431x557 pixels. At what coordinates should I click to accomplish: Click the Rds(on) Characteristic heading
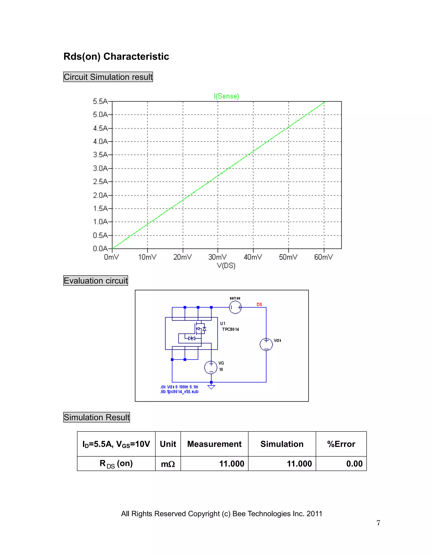pos(116,56)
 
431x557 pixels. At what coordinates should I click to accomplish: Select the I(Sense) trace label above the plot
pos(226,96)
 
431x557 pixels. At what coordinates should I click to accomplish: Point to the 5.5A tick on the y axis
pos(100,102)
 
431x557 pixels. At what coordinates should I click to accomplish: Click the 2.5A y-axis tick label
pos(100,182)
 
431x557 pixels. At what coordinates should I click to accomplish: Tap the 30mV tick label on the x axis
pos(217,257)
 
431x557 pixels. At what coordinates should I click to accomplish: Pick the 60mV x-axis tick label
pos(323,257)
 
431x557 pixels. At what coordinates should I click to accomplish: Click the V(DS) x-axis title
pos(226,266)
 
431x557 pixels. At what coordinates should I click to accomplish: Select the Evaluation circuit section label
pos(96,281)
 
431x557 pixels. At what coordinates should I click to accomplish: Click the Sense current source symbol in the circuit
pos(235,307)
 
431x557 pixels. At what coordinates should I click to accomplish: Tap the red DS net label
pos(259,304)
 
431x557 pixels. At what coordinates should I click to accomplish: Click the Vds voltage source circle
pos(266,344)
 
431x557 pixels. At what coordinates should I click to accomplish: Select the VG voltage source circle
pos(211,367)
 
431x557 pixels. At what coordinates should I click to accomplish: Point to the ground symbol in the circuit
pos(211,387)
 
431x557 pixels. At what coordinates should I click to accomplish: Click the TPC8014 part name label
pos(230,329)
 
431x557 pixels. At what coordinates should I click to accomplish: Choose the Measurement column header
pos(214,444)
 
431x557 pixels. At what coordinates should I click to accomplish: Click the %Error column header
pos(341,444)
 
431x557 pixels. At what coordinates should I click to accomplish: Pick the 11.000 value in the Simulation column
pos(299,464)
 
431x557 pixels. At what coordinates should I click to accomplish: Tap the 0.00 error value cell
pos(354,464)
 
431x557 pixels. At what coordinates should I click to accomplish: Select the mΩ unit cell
pos(168,464)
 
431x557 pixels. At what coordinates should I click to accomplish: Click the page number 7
pos(378,523)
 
